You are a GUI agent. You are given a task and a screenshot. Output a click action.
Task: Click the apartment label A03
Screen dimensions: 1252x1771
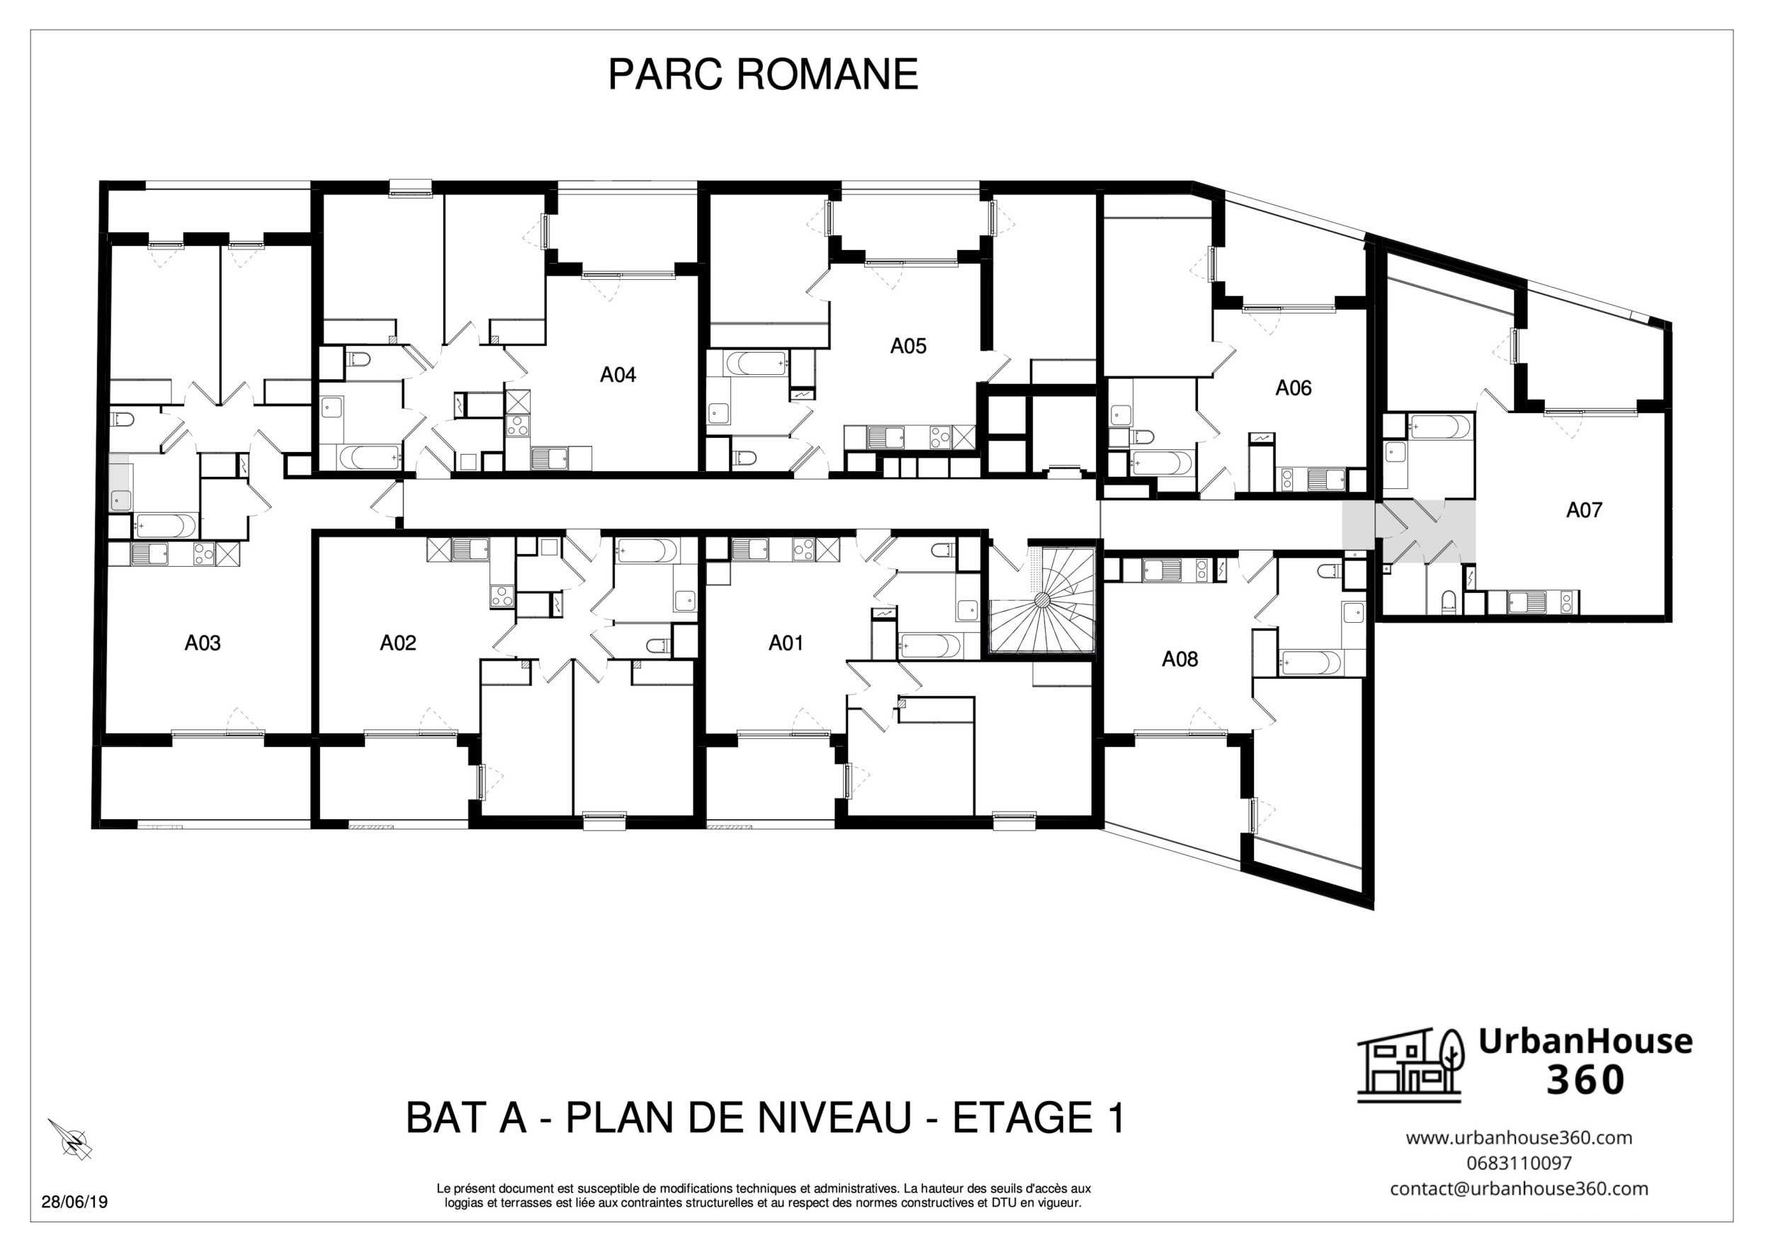pyautogui.click(x=202, y=643)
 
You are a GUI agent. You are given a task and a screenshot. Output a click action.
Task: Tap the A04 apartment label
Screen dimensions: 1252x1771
pyautogui.click(x=618, y=375)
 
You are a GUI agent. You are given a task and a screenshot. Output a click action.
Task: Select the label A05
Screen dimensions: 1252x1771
pyautogui.click(x=908, y=346)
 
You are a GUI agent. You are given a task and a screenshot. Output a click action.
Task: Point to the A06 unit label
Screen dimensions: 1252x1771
pyautogui.click(x=1293, y=388)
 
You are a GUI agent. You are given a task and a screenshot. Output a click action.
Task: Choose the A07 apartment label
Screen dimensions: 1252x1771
pyautogui.click(x=1583, y=510)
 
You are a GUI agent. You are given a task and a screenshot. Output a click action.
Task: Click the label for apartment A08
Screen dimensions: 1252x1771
pyautogui.click(x=1179, y=659)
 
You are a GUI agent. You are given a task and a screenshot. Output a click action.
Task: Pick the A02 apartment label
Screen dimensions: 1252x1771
pyautogui.click(x=398, y=643)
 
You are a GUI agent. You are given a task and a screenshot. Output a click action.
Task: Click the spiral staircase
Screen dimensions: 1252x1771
pyautogui.click(x=1041, y=602)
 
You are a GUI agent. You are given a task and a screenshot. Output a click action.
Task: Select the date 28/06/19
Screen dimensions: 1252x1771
pyautogui.click(x=74, y=1202)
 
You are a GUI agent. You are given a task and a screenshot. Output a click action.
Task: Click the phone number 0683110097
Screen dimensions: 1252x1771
pyautogui.click(x=1519, y=1163)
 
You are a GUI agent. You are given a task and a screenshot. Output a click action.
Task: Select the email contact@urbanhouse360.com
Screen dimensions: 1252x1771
pyautogui.click(x=1519, y=1189)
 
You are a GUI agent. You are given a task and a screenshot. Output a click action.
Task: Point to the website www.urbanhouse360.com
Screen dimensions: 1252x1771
pyautogui.click(x=1519, y=1137)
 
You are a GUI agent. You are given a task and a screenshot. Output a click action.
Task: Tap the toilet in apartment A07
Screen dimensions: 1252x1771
pyautogui.click(x=1448, y=602)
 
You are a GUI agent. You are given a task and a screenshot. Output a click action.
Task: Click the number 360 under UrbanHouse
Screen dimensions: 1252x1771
pyautogui.click(x=1585, y=1080)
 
